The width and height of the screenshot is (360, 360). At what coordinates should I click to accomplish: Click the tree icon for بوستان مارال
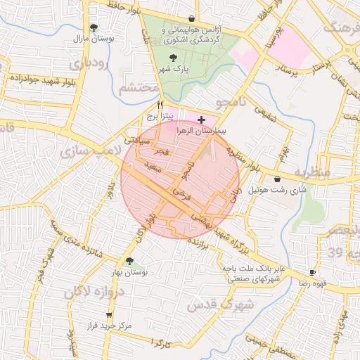95,27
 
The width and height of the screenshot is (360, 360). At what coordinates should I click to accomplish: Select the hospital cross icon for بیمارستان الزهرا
202,120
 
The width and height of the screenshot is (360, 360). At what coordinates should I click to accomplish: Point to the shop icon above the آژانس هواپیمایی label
191,18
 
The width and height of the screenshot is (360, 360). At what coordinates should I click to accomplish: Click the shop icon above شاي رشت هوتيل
279,179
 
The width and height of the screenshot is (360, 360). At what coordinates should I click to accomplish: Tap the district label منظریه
312,172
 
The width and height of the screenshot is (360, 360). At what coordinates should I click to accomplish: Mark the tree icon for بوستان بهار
129,261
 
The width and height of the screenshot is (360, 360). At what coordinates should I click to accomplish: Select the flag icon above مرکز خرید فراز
108,315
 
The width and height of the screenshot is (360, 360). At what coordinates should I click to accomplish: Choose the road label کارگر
161,342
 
